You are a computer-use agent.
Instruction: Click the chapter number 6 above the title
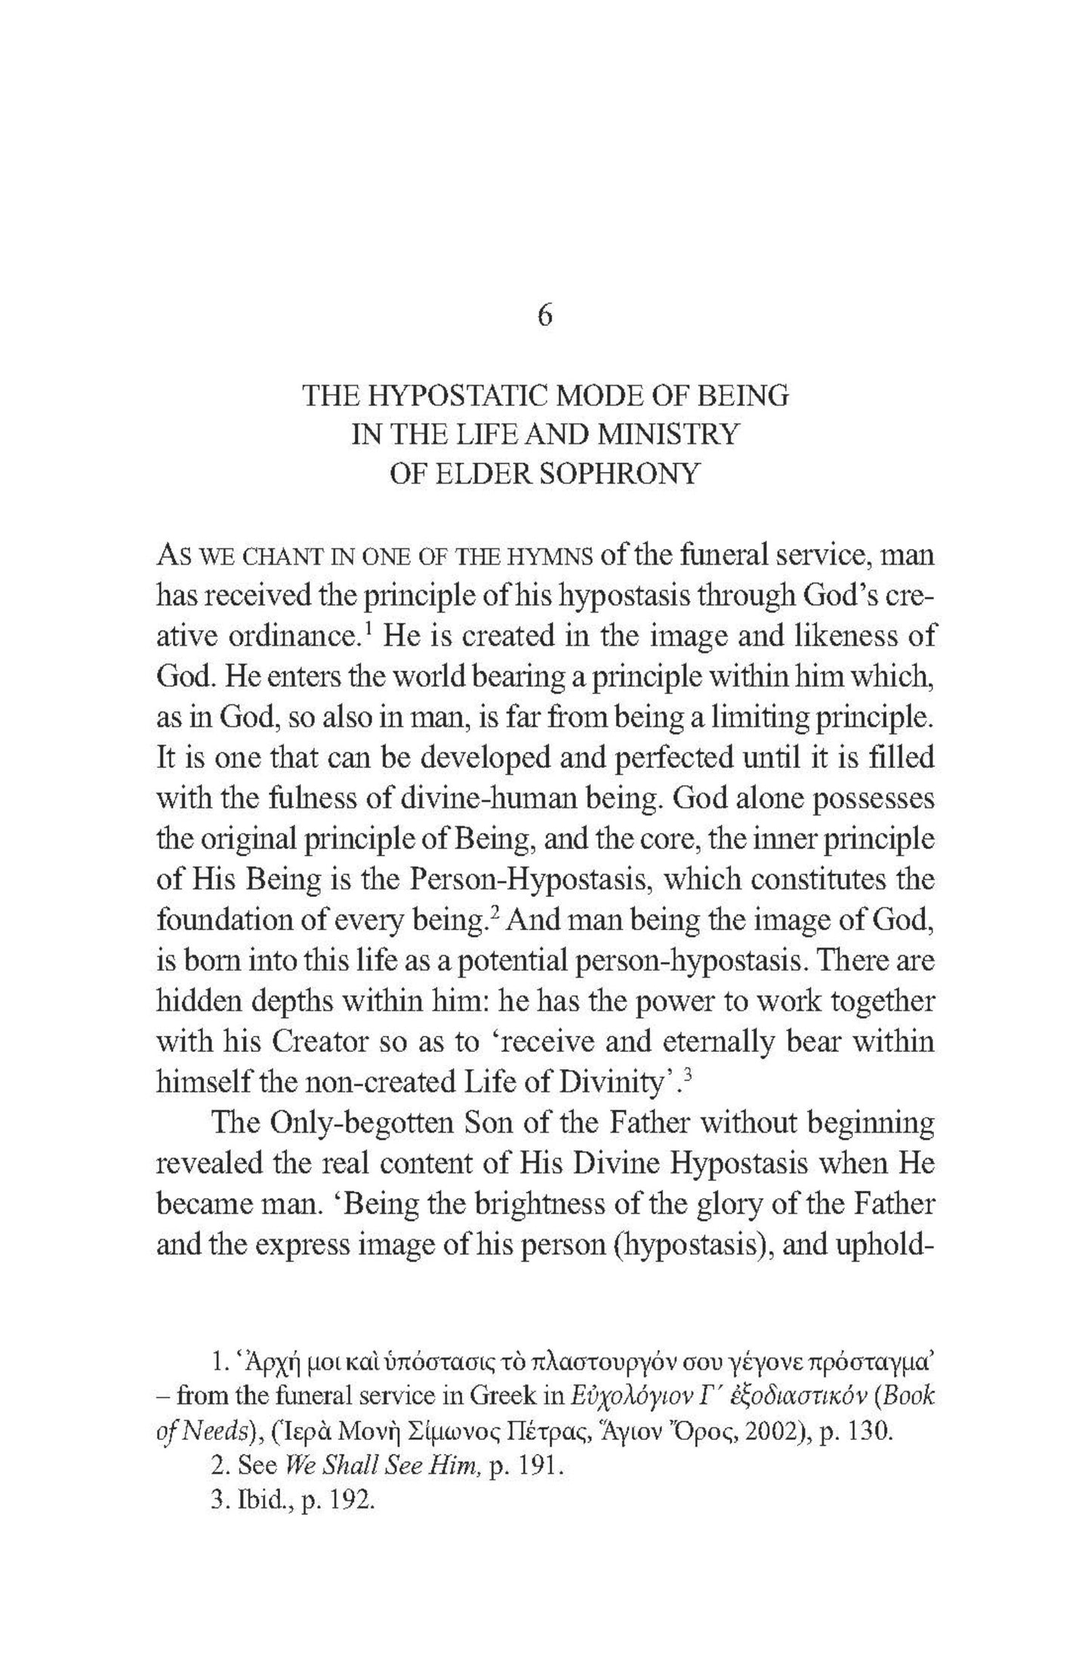click(x=545, y=316)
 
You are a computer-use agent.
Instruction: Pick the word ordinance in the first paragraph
click(x=290, y=637)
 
